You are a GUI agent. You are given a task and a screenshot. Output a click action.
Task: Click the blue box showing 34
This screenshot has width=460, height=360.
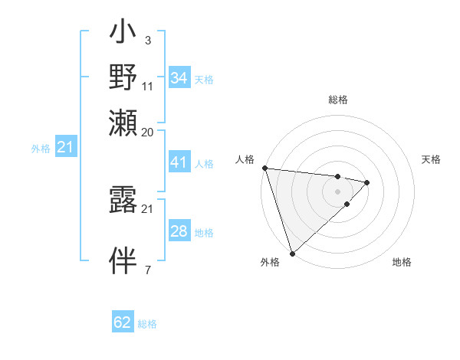(179, 78)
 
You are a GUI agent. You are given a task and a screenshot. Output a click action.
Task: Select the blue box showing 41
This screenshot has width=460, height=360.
(179, 162)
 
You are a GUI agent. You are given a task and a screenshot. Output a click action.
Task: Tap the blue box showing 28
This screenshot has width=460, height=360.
(179, 231)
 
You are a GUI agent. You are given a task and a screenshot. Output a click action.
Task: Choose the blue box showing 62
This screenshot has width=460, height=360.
(123, 322)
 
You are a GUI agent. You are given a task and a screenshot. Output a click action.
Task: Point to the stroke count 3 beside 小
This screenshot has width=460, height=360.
(147, 40)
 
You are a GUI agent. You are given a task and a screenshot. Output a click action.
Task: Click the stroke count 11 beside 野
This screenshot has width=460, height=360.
(148, 86)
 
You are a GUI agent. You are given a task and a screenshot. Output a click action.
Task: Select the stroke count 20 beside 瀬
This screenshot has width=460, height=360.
(148, 132)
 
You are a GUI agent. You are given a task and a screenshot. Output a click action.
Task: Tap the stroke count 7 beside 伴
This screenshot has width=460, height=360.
(147, 270)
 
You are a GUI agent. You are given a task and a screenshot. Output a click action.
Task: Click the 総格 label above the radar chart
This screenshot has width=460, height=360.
(337, 100)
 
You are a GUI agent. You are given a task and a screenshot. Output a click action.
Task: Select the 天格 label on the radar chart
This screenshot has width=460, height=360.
(431, 159)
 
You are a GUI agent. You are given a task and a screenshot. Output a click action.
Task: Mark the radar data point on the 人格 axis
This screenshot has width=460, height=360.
(264, 168)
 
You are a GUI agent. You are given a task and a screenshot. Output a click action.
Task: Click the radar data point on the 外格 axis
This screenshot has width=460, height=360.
(292, 252)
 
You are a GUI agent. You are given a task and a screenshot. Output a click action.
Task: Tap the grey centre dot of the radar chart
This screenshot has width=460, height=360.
(337, 191)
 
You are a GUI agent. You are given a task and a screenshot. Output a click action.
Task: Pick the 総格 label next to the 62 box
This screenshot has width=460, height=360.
(147, 324)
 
